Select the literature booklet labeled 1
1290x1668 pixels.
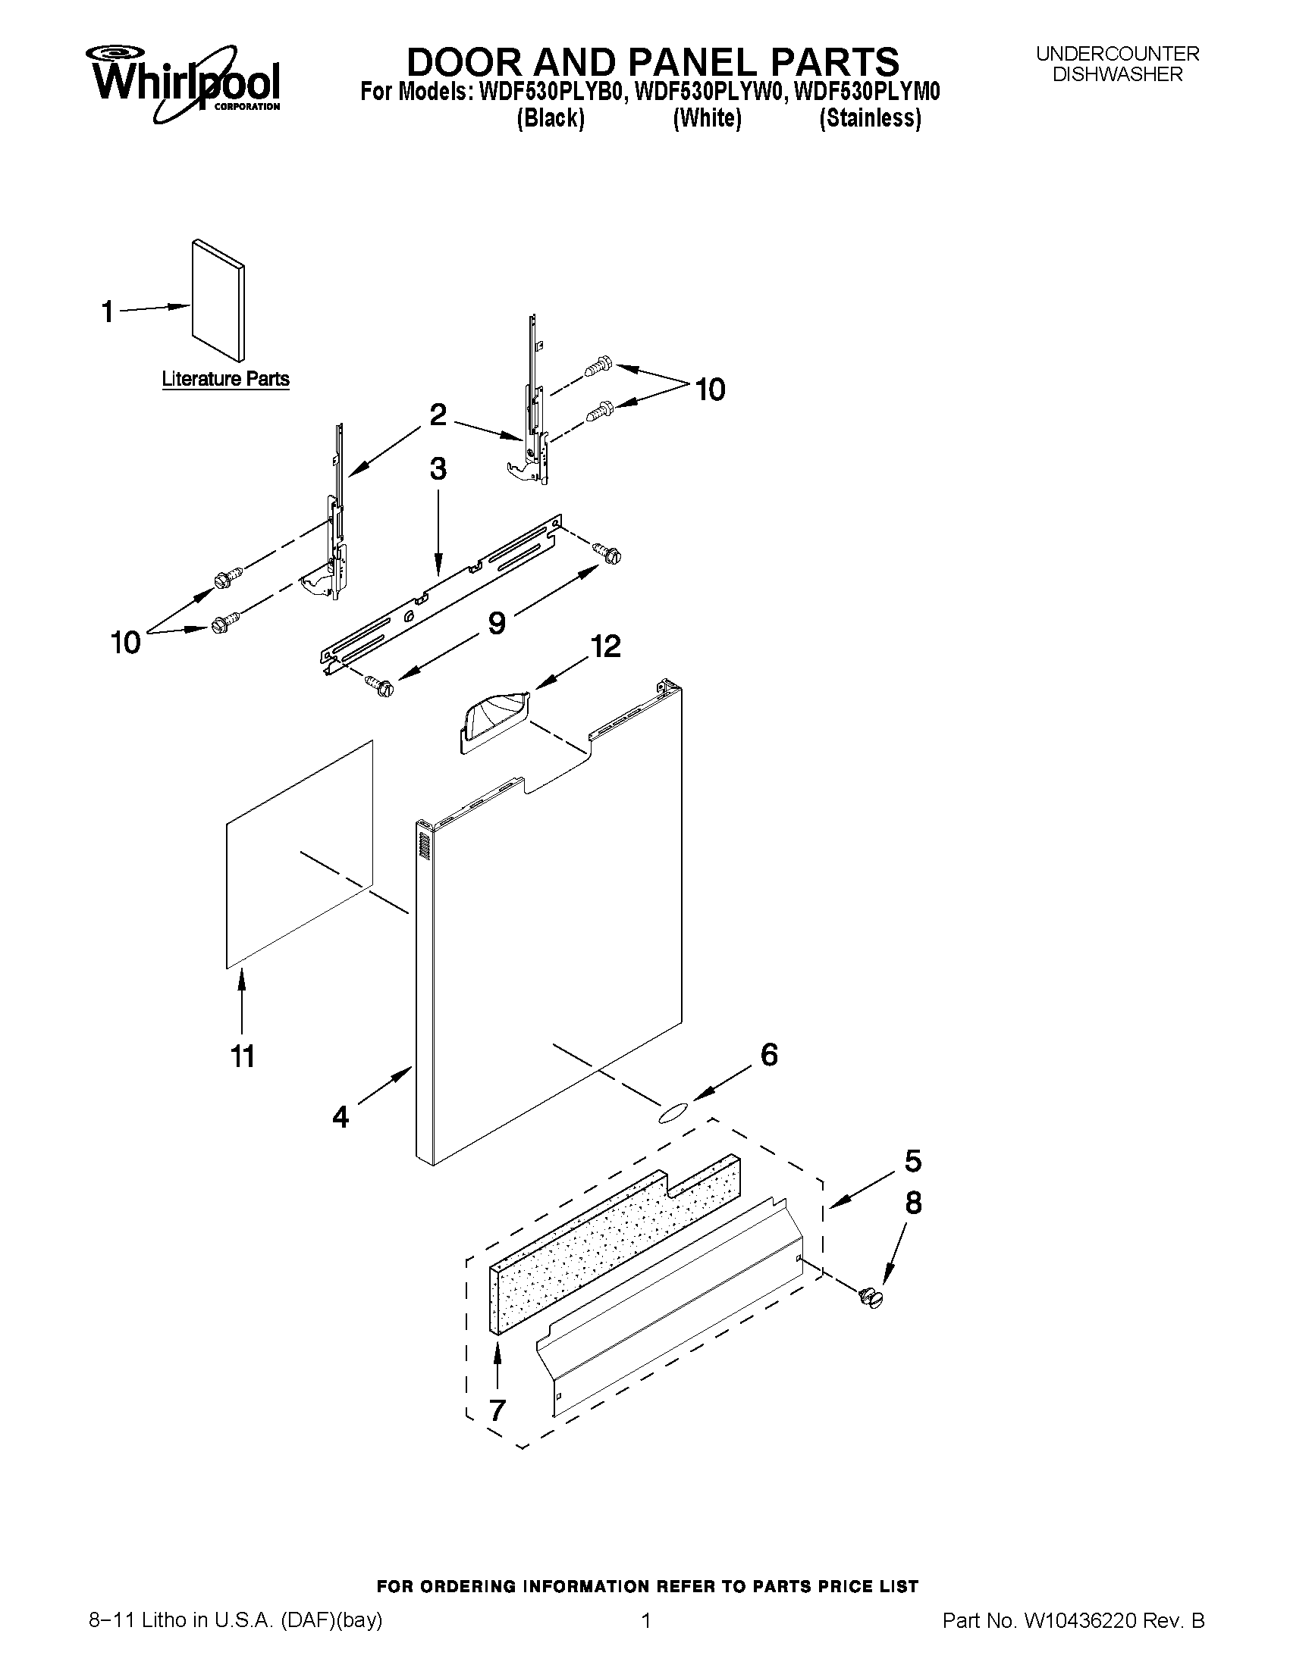click(218, 299)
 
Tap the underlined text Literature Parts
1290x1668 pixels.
click(225, 379)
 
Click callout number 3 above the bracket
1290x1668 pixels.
click(438, 469)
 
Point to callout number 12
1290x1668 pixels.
click(605, 647)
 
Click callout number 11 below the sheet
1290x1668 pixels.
click(242, 1057)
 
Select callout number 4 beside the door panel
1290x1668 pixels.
click(341, 1116)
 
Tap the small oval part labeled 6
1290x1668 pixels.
click(672, 1113)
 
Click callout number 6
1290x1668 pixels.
click(769, 1055)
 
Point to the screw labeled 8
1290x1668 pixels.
click(870, 1298)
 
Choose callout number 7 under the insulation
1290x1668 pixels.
click(497, 1410)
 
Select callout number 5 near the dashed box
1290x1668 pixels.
click(913, 1162)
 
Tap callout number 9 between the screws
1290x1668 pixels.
click(497, 623)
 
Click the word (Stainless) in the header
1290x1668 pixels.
click(870, 119)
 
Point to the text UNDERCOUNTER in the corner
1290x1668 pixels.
click(1117, 55)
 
